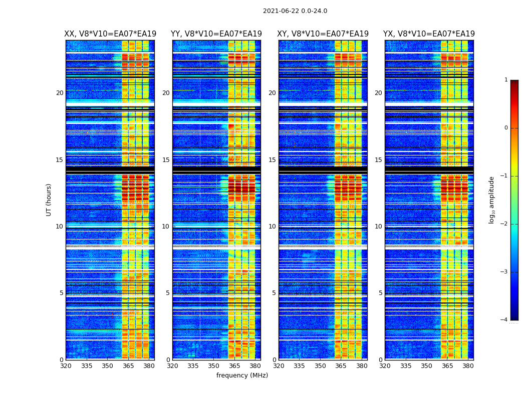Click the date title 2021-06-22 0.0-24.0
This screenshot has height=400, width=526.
tap(295, 11)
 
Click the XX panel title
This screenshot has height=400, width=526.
tap(110, 34)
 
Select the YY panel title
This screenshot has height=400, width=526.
tap(216, 34)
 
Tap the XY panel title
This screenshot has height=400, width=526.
tap(323, 34)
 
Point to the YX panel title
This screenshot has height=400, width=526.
tap(429, 34)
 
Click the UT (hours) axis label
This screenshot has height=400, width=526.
tap(49, 199)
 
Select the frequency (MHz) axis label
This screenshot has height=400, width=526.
tap(242, 375)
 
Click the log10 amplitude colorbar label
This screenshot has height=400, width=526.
tap(492, 199)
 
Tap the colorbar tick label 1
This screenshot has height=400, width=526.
tap(506, 80)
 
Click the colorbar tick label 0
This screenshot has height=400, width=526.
tap(506, 128)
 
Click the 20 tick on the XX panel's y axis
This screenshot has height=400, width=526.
tap(60, 93)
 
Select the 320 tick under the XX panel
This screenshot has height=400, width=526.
tap(66, 366)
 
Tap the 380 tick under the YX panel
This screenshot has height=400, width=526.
tap(468, 366)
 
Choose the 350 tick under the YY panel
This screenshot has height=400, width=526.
tap(214, 366)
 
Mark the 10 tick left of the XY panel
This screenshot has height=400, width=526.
tap(272, 226)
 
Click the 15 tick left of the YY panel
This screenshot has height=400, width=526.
tap(166, 160)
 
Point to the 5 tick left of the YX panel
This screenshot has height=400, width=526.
tap(381, 293)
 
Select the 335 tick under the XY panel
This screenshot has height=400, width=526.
tap(299, 366)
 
